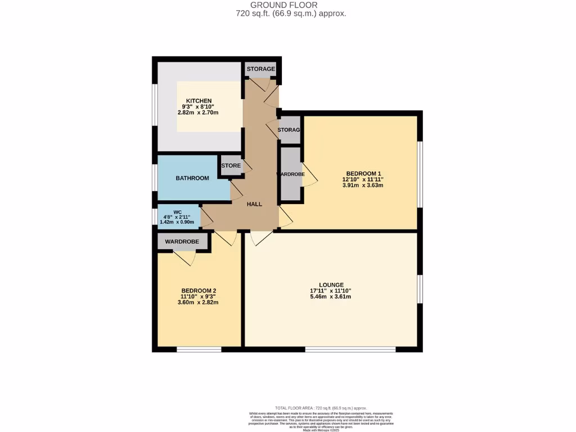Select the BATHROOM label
click(192, 178)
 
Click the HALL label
click(254, 204)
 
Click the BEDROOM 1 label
click(363, 173)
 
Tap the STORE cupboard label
click(231, 166)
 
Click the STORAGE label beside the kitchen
click(261, 69)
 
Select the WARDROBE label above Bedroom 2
click(182, 241)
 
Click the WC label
click(177, 213)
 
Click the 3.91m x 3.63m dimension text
click(363, 186)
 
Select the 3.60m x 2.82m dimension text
click(198, 303)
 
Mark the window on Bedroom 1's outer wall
click(420, 174)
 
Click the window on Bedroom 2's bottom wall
click(199, 349)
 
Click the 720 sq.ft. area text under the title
click(291, 13)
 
